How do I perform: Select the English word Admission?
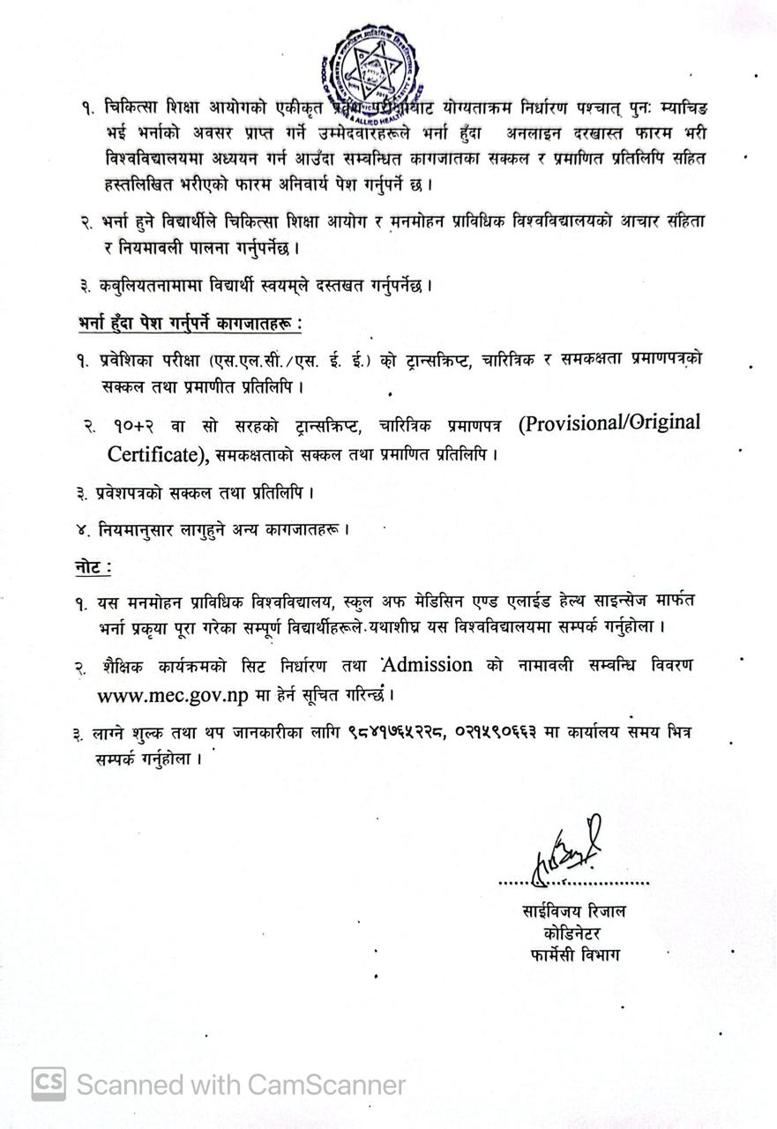point(429,664)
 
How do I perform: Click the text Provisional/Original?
point(609,423)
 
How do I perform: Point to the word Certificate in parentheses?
point(153,455)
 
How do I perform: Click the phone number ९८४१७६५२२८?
point(408,731)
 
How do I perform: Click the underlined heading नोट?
point(92,567)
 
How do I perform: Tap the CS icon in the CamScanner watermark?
point(49,1084)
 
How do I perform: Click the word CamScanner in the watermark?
point(327,1084)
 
